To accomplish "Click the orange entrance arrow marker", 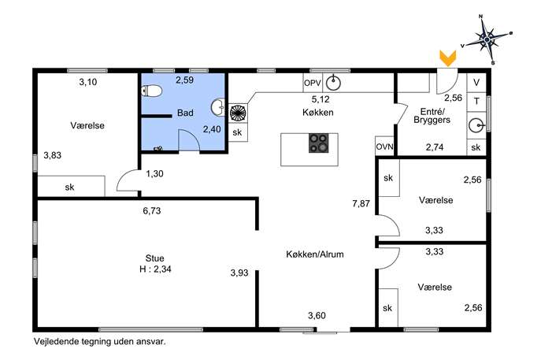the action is [447, 58].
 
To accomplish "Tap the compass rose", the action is [487, 39].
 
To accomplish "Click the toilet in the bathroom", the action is [152, 91].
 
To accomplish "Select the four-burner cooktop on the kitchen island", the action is [318, 143].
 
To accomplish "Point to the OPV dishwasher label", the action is [313, 84].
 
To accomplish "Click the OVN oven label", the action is [384, 147].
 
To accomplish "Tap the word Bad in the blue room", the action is [185, 113].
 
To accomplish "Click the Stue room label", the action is [154, 258].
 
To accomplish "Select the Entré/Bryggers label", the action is [432, 116].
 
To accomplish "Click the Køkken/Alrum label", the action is [315, 254].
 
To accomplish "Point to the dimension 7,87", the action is [361, 204].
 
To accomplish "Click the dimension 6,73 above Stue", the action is [152, 210].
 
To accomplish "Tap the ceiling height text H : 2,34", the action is [155, 269].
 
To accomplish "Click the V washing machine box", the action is [476, 83].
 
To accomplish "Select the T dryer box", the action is [476, 102].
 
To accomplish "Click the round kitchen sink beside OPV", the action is [333, 83].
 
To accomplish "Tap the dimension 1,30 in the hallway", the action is [154, 173].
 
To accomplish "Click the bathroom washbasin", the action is [217, 107].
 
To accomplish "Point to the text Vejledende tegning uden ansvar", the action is [100, 342].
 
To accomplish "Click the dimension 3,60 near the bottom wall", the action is [317, 315].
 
